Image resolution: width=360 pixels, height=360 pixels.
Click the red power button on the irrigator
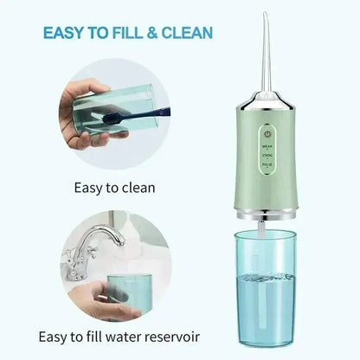click(x=268, y=133)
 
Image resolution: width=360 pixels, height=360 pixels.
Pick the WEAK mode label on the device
click(x=268, y=147)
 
